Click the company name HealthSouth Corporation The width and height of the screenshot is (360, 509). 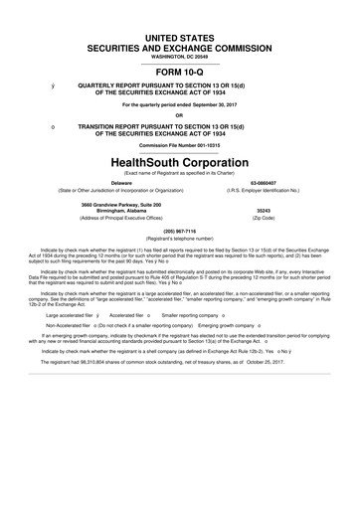tap(179, 160)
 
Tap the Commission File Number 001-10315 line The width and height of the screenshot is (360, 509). tap(179, 144)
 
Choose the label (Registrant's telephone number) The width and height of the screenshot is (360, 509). tap(179, 239)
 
